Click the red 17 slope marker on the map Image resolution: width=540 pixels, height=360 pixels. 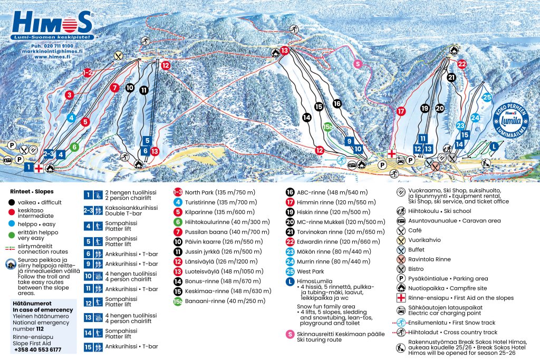401,111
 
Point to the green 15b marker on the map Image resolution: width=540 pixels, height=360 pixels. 328,127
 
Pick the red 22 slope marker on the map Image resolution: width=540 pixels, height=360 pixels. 462,64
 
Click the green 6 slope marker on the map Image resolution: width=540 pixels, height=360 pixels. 74,147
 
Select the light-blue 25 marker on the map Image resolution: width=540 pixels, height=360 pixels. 487,97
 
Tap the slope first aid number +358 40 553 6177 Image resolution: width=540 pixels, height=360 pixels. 38,349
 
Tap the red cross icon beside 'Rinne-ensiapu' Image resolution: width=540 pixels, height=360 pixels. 400,298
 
